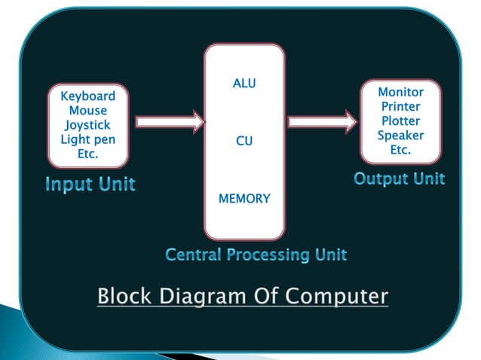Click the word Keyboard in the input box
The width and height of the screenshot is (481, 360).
[x=88, y=96]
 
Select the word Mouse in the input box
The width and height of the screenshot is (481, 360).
[x=88, y=111]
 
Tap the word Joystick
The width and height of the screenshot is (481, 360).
[x=88, y=125]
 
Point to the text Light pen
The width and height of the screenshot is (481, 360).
[x=88, y=139]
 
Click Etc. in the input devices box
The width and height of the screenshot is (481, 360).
[x=88, y=154]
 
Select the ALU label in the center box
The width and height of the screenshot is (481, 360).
[x=244, y=84]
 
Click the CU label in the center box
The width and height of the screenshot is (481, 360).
[x=244, y=141]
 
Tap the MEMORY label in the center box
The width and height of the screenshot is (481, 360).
[x=244, y=200]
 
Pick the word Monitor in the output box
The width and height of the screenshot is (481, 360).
[x=400, y=92]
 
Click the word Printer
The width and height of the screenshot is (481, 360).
[x=400, y=106]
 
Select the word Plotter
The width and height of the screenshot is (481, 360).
[x=400, y=121]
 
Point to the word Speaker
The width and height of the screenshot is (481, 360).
[x=400, y=136]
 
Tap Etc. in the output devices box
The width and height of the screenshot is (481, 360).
[x=400, y=150]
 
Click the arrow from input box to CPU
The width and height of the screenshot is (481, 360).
[x=170, y=121]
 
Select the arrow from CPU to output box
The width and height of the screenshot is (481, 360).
[x=322, y=121]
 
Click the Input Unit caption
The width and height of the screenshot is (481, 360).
[x=90, y=185]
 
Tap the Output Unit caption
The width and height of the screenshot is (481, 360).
[x=399, y=179]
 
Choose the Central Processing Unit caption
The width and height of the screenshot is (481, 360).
[x=256, y=255]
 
